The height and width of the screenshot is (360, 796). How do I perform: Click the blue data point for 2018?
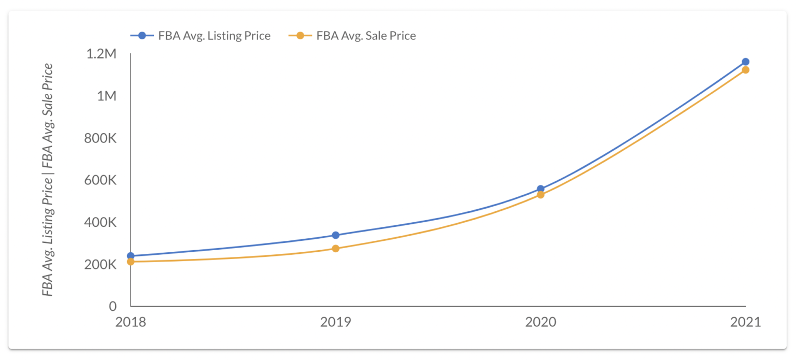pyautogui.click(x=131, y=256)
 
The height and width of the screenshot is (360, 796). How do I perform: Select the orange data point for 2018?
pyautogui.click(x=131, y=262)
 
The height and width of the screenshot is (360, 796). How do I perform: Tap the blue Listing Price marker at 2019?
pyautogui.click(x=335, y=235)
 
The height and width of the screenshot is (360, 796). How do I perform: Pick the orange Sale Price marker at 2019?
pyautogui.click(x=335, y=249)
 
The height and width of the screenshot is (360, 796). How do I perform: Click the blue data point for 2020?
pyautogui.click(x=541, y=189)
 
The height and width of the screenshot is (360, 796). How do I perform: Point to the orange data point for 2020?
pyautogui.click(x=541, y=195)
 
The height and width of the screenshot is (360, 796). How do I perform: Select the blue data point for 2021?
pyautogui.click(x=745, y=62)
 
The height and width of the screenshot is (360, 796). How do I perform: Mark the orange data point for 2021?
pyautogui.click(x=745, y=70)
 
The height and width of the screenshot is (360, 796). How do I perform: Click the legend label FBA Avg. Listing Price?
pyautogui.click(x=215, y=36)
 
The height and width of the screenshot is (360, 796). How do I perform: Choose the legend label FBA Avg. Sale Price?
pyautogui.click(x=366, y=36)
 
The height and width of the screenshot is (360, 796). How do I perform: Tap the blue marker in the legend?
pyautogui.click(x=143, y=36)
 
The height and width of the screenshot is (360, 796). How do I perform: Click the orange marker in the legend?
pyautogui.click(x=300, y=36)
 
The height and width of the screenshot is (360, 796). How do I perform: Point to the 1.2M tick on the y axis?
pyautogui.click(x=102, y=54)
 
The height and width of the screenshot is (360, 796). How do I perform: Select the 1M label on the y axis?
pyautogui.click(x=106, y=96)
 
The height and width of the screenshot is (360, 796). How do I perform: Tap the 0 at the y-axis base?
pyautogui.click(x=112, y=306)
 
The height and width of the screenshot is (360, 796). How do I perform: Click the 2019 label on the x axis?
pyautogui.click(x=335, y=322)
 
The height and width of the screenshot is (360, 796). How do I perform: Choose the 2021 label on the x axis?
pyautogui.click(x=745, y=322)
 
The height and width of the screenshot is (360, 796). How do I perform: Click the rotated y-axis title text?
pyautogui.click(x=48, y=180)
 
